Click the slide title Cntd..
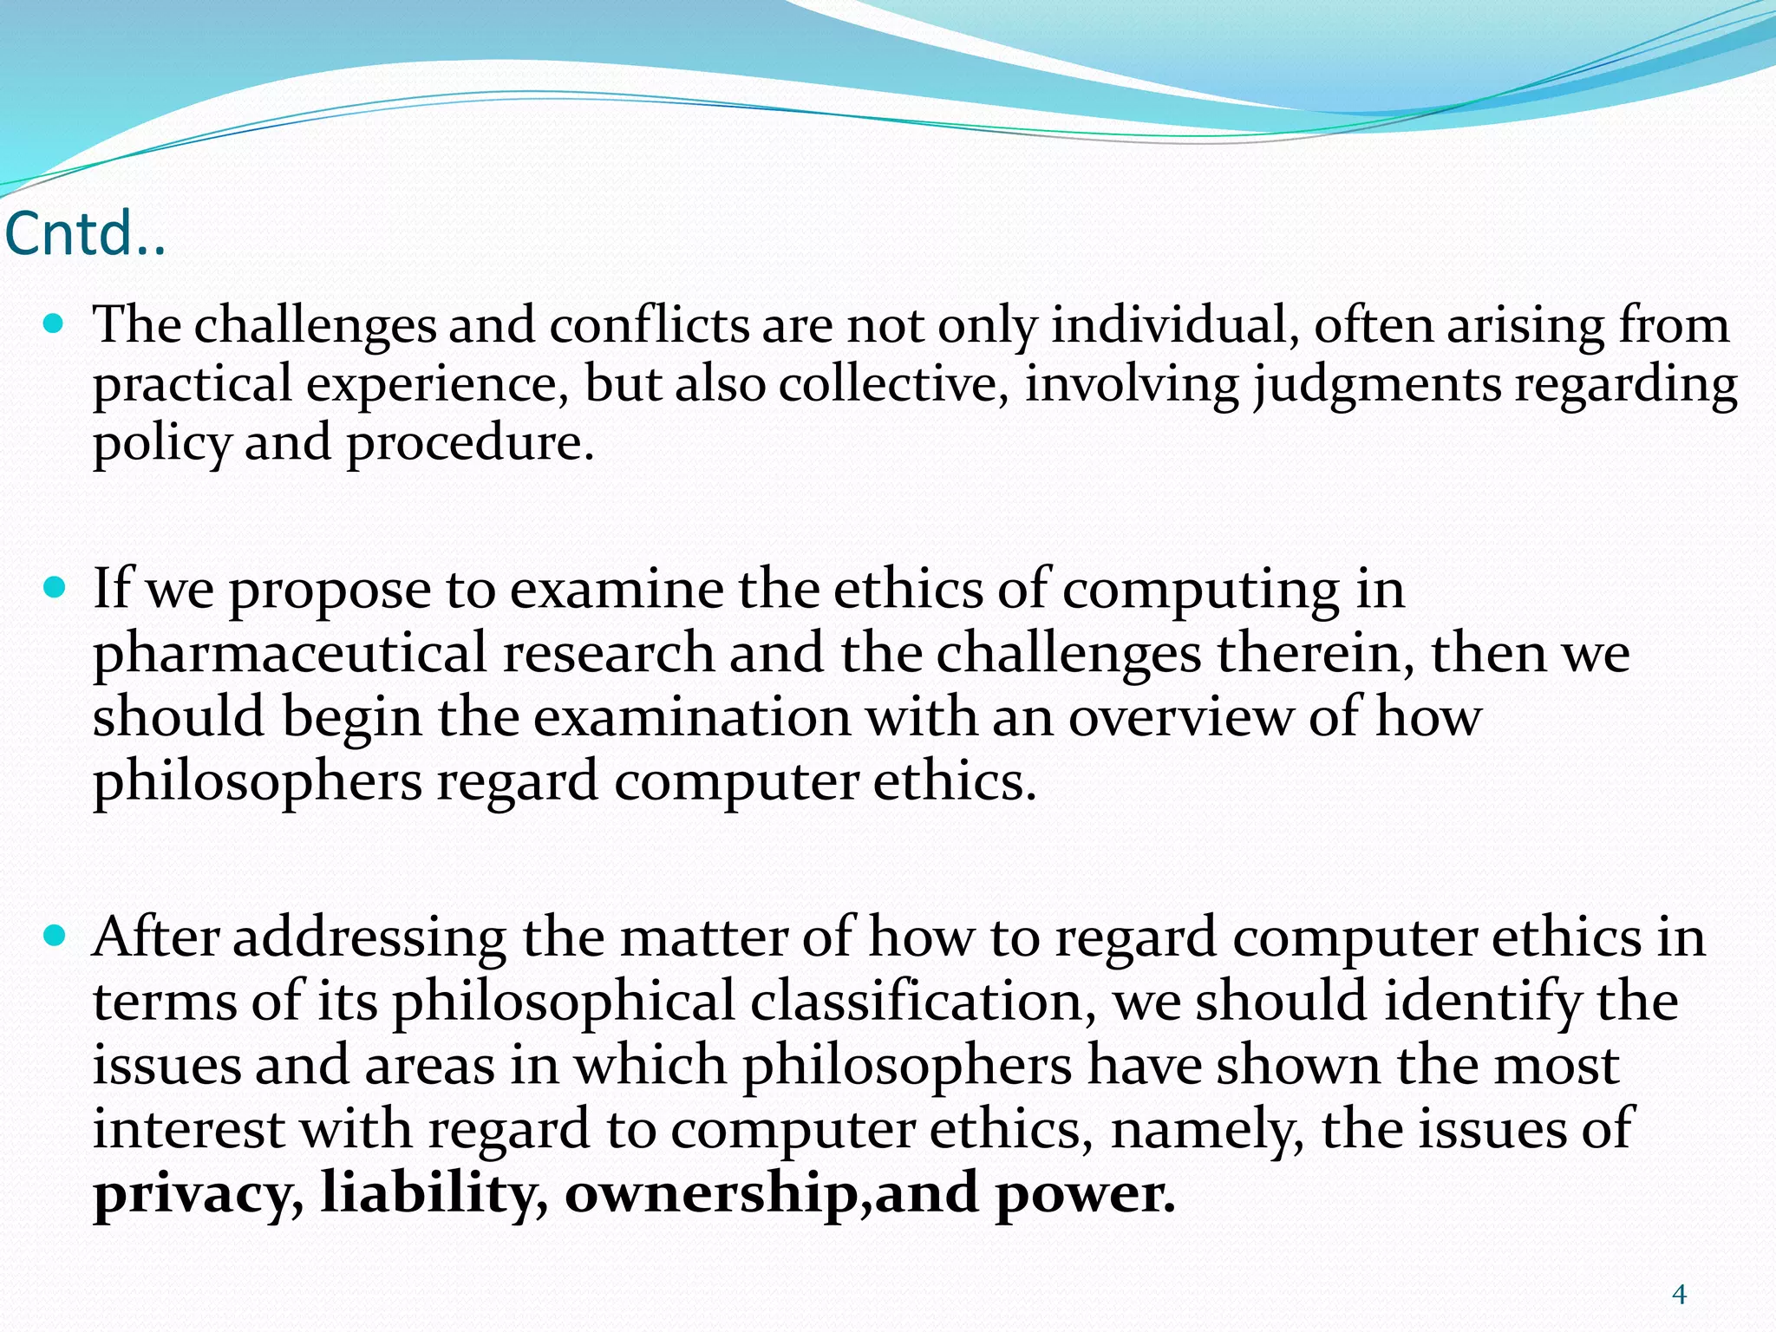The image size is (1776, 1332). point(84,234)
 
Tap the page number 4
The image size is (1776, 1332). point(1679,1296)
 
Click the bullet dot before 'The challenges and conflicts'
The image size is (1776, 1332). point(54,325)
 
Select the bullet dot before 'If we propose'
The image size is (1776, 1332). point(54,590)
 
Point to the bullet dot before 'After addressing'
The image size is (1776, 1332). point(54,937)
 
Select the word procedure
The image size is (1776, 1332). point(469,444)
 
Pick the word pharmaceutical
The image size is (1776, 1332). point(290,654)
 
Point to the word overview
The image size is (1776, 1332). point(1180,718)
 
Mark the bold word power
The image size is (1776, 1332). point(1084,1194)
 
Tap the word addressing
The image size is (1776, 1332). point(369,938)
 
